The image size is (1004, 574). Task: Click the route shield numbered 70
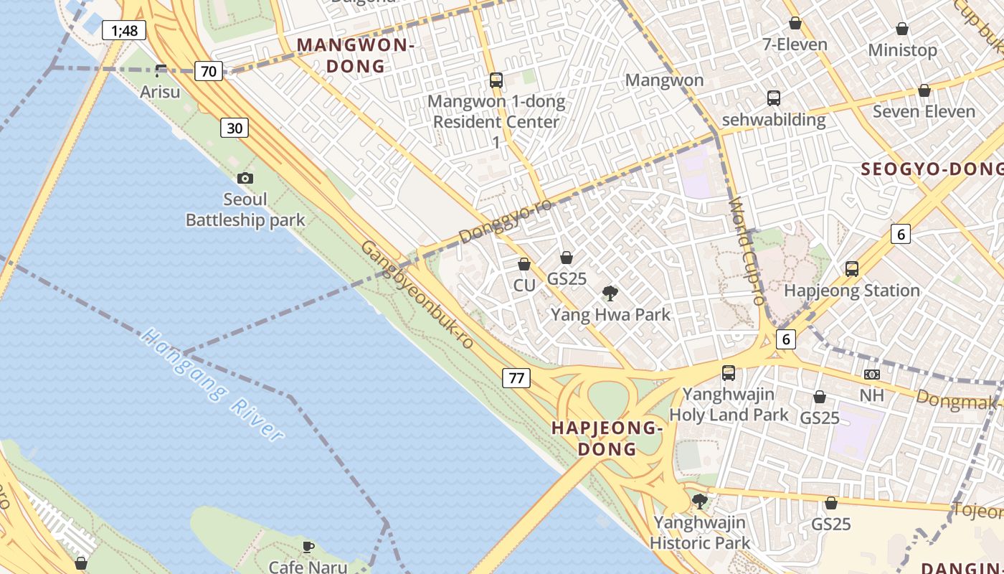click(208, 71)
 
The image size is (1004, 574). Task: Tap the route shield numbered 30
click(235, 128)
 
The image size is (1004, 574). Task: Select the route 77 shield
click(516, 377)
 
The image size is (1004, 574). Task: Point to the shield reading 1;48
click(124, 31)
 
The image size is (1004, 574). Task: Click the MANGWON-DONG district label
click(356, 55)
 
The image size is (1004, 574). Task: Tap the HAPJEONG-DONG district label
click(606, 438)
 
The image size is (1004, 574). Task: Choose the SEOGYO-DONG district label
click(932, 169)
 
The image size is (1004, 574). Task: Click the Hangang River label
click(212, 385)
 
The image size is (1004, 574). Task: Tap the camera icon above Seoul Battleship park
click(245, 178)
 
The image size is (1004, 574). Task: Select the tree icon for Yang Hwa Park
click(610, 293)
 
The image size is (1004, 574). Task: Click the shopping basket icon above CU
click(524, 264)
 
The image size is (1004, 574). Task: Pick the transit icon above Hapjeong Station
click(852, 269)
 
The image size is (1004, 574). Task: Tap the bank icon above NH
click(872, 375)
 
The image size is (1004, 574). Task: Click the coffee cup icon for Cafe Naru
click(308, 547)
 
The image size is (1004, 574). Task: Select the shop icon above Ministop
click(902, 29)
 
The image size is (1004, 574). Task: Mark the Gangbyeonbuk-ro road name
click(417, 295)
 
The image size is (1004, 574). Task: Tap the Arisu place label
click(160, 92)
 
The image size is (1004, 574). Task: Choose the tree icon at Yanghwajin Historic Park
click(700, 501)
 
